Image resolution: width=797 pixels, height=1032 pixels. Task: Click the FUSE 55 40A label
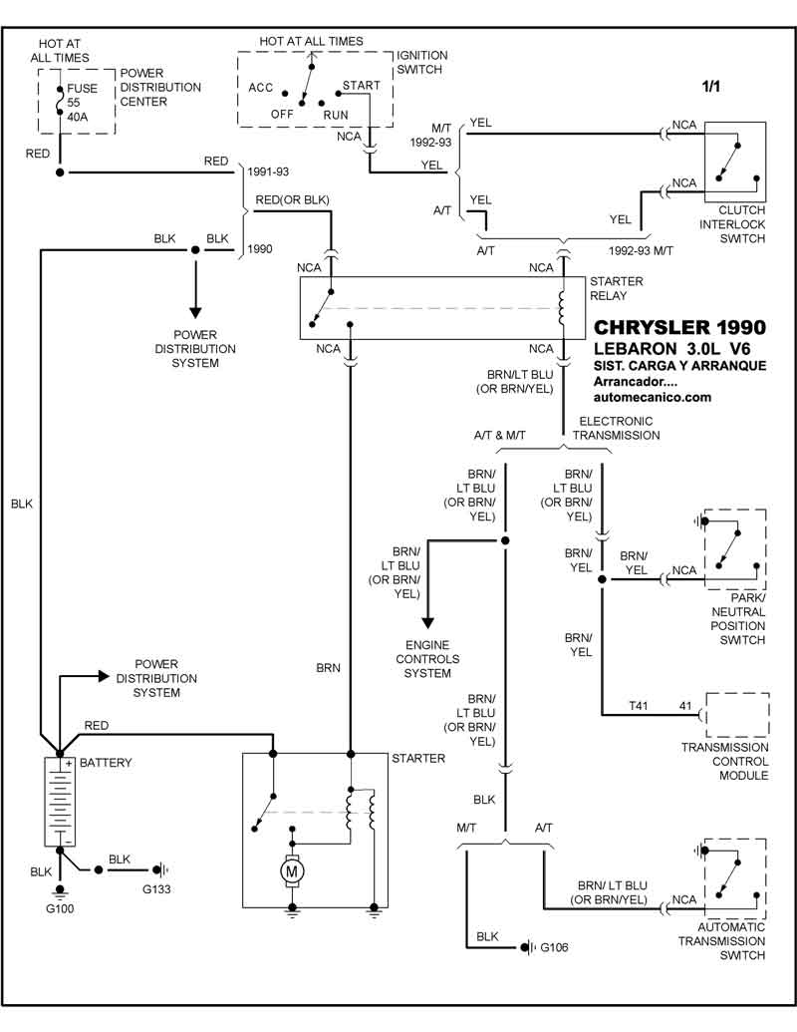click(x=84, y=101)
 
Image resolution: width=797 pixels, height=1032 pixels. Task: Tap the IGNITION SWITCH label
click(x=422, y=63)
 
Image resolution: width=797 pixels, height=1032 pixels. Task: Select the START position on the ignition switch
click(x=361, y=86)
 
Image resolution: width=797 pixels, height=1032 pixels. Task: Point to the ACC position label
click(x=261, y=87)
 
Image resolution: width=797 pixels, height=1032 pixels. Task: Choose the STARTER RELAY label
click(x=616, y=289)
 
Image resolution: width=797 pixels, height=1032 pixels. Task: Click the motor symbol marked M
click(x=293, y=871)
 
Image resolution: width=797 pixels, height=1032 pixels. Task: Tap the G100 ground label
click(x=59, y=908)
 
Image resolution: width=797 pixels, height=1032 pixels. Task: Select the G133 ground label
click(x=156, y=887)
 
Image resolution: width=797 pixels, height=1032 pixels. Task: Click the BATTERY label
click(x=106, y=763)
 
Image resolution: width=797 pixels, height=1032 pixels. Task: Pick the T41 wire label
click(x=638, y=705)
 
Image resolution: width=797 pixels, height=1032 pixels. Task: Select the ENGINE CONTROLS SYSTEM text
click(x=427, y=659)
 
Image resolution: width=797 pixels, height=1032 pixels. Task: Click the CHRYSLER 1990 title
click(x=679, y=328)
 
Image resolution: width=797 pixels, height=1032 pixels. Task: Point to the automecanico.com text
click(x=652, y=397)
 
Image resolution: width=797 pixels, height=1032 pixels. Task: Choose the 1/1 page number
click(x=711, y=88)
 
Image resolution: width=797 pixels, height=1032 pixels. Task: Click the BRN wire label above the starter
click(x=329, y=667)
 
